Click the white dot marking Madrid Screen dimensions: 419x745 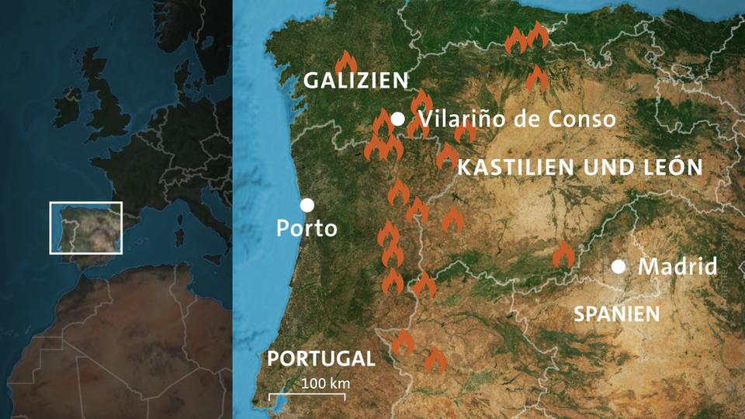coord(619,267)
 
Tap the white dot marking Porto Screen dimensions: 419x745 coord(307,205)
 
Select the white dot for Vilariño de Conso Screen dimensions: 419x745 coord(398,119)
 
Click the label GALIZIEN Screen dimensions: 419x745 coord(355,80)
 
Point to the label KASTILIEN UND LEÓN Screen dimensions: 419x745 coord(580,167)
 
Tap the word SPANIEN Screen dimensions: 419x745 coord(616,313)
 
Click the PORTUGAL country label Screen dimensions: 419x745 coord(321,358)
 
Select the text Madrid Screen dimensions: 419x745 coord(677,267)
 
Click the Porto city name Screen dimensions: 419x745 coord(307,229)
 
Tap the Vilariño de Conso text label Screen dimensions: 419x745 coord(516,119)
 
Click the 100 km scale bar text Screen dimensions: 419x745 coord(326,383)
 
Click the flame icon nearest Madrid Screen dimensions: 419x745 coord(563,255)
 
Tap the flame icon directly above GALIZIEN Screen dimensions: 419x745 coord(345,61)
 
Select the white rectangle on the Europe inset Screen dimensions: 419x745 coord(85,227)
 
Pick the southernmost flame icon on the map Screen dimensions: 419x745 coord(435,359)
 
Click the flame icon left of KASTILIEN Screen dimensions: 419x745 coord(446,158)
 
